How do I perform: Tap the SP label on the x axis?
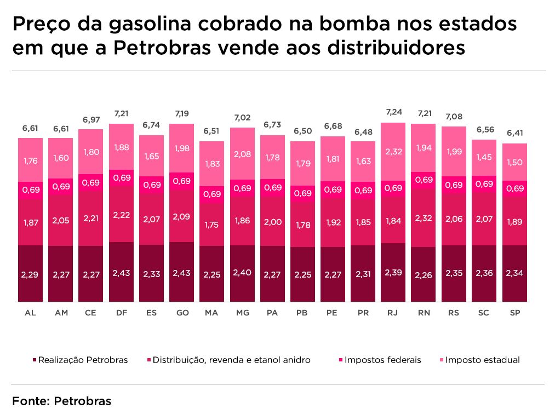coord(514,313)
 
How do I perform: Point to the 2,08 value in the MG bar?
coord(242,154)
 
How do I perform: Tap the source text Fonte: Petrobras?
coord(61,401)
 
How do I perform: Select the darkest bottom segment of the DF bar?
coord(121,272)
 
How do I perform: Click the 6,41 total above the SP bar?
coord(514,133)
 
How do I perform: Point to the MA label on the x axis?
coord(211,313)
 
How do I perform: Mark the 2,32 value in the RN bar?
coord(423,218)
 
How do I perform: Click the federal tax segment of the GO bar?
coord(181,181)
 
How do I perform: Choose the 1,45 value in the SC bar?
coord(484,157)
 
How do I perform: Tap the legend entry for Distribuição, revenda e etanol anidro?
coord(231,360)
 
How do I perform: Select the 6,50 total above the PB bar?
coord(302,131)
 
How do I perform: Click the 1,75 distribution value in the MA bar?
coord(211,225)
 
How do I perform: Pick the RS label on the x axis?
coord(453,313)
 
